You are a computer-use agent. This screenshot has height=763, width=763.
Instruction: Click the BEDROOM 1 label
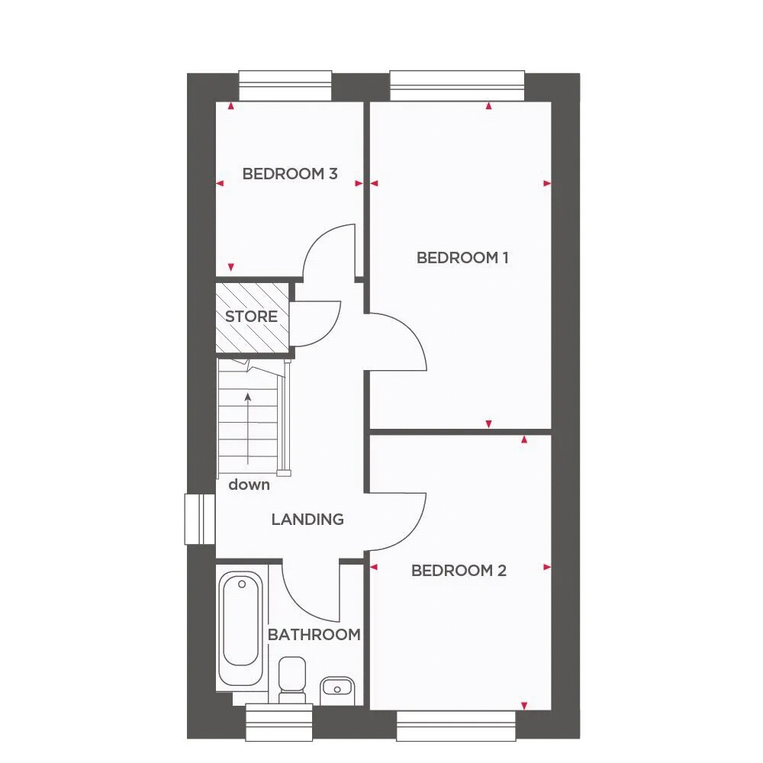(x=462, y=257)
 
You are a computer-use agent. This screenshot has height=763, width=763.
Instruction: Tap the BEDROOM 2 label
(x=459, y=570)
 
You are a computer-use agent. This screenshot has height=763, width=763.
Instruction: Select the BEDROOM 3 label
(x=290, y=174)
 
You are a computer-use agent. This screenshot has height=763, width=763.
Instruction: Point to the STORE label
(x=251, y=317)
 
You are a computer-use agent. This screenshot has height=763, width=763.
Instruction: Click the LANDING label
(x=307, y=519)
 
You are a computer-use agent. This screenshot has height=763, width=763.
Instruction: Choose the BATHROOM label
(x=314, y=635)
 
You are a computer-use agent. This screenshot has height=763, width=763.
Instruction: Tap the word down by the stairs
(x=250, y=485)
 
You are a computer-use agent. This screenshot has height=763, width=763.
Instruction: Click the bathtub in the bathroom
(x=241, y=629)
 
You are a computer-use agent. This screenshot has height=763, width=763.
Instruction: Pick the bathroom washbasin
(x=337, y=690)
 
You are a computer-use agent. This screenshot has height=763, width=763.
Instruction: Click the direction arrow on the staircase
(x=248, y=429)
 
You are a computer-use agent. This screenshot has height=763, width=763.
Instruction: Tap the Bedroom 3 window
(x=285, y=86)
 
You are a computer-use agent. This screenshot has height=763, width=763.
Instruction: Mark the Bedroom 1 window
(x=457, y=86)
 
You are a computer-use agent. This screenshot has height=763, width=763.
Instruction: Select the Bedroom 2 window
(x=456, y=726)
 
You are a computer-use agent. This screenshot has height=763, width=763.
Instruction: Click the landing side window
(x=199, y=519)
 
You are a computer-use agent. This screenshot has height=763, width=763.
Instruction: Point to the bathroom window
(x=278, y=723)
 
